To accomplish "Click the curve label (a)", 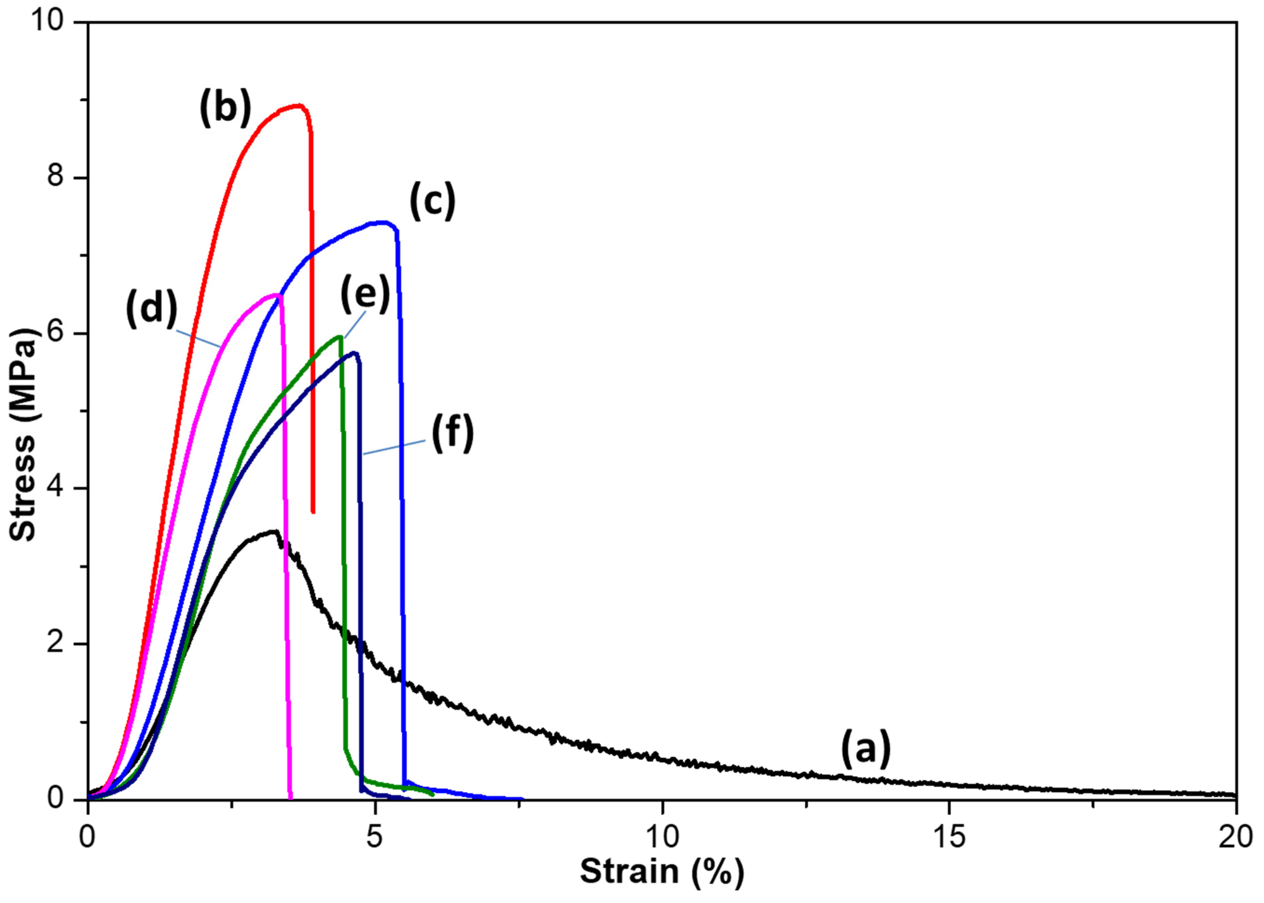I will pyautogui.click(x=865, y=749).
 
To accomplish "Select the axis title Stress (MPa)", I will pyautogui.click(x=23, y=434).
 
